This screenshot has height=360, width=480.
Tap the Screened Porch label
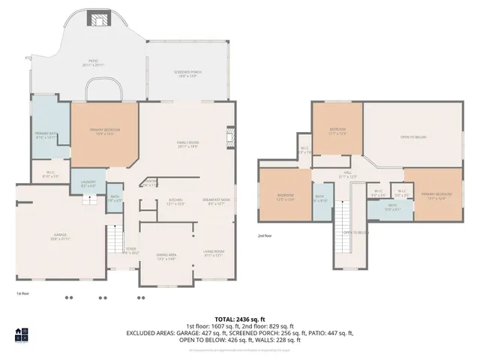[x=188, y=74]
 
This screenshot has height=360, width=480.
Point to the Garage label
[x=59, y=237]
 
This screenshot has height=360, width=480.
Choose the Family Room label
[x=187, y=145]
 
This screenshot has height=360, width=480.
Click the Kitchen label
[x=175, y=201]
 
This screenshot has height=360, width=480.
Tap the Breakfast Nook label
[x=215, y=201]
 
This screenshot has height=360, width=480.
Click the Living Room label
[x=214, y=253]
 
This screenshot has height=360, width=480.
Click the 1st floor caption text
[x=24, y=293]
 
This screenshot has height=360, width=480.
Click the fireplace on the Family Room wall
[x=229, y=139]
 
